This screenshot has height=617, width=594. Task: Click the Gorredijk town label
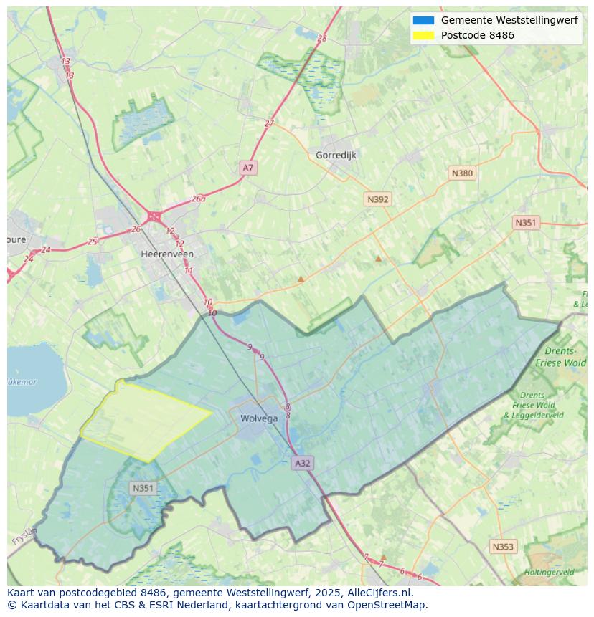coord(336,155)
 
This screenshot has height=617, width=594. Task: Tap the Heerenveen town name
coord(167,254)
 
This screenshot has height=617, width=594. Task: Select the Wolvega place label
coord(259,418)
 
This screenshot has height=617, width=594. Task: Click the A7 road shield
coord(247,168)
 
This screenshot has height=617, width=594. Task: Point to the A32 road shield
coord(303,463)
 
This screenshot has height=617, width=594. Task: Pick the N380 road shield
coord(462,173)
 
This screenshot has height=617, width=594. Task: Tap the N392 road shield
coord(377,199)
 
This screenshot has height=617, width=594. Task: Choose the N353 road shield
coord(503,547)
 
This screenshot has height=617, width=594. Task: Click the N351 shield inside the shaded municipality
coord(143,488)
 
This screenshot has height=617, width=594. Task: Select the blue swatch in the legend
coord(423,20)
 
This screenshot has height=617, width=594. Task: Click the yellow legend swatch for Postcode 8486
coord(423,35)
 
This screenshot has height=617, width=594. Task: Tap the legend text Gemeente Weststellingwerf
coord(509,20)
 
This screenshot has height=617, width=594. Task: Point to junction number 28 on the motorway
coord(321,38)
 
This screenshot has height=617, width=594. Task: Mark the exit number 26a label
coord(199,199)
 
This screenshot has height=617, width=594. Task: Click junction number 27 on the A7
coord(269,123)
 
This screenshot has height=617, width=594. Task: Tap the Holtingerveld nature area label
coord(549,573)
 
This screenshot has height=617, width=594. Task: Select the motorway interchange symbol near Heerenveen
coord(154,216)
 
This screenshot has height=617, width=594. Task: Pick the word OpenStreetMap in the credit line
coord(387,605)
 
